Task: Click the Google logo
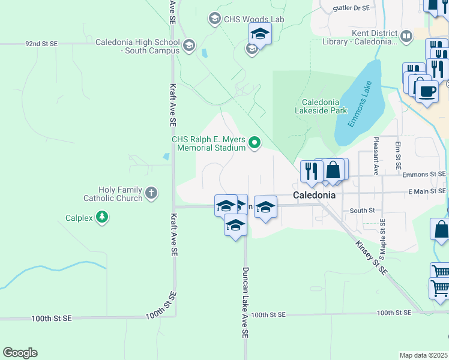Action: (20, 353)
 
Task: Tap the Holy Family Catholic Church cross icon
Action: (151, 193)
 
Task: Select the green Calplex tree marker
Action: (102, 217)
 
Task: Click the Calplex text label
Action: (79, 218)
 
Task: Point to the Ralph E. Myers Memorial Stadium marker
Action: (255, 143)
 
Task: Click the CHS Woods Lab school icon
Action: (214, 19)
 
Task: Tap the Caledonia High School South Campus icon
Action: (189, 45)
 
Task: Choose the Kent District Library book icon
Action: (406, 37)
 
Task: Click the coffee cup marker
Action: (426, 91)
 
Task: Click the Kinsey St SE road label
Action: (372, 258)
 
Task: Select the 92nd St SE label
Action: (41, 44)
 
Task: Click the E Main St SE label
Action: (427, 191)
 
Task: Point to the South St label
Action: (362, 211)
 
